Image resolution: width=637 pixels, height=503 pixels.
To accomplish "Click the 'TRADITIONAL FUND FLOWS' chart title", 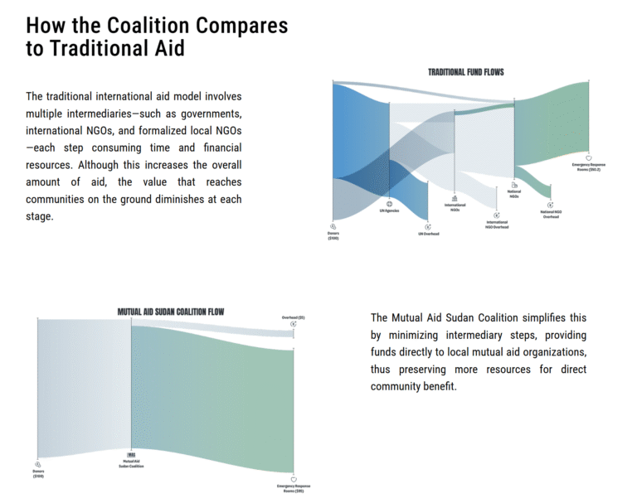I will coord(465,72).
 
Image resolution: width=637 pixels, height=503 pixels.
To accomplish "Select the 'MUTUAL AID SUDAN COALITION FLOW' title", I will coord(171,312).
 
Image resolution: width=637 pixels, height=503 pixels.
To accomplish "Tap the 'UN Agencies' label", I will coord(389,211).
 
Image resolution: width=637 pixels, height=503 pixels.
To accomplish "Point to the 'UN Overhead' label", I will coord(428,234).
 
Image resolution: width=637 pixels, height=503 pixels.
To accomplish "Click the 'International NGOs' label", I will coord(455,207).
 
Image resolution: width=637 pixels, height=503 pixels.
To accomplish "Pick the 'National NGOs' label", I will coord(514,194).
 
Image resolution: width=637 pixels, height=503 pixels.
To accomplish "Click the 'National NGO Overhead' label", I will coord(551,214).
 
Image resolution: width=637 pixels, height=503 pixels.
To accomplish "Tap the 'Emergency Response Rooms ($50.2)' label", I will coord(588,167).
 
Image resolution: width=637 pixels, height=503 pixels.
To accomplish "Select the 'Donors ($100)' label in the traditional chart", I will coord(333,236).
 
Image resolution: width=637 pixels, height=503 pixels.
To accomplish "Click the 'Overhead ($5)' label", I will coord(294,317).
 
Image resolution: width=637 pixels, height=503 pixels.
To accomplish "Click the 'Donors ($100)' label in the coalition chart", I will coord(38,474).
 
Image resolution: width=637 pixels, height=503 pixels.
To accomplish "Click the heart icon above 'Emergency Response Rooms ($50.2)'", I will coord(588,157).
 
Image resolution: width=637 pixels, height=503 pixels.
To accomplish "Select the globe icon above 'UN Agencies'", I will coord(389,203).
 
